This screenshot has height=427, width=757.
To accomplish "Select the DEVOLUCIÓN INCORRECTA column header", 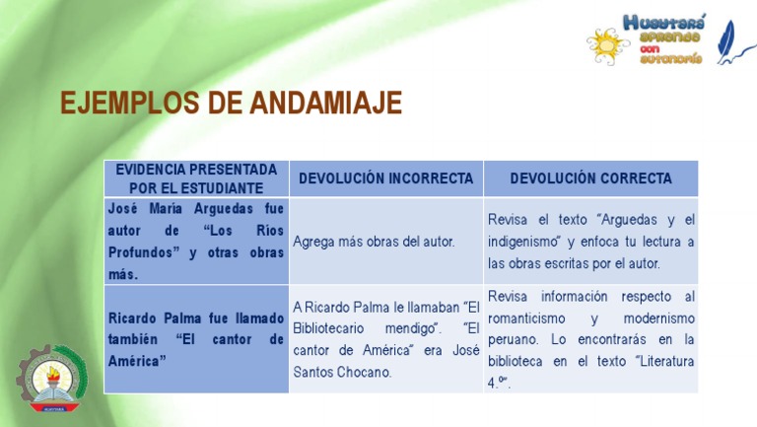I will (x=385, y=178).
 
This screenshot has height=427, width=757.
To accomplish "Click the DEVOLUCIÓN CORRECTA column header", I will (x=591, y=178).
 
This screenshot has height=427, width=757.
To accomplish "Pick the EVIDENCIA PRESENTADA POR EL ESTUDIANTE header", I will (x=196, y=178).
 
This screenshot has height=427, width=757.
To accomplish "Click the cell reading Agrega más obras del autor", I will (x=374, y=242).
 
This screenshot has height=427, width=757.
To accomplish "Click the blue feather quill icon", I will (x=735, y=41).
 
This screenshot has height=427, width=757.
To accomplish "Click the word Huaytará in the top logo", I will (x=664, y=21).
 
